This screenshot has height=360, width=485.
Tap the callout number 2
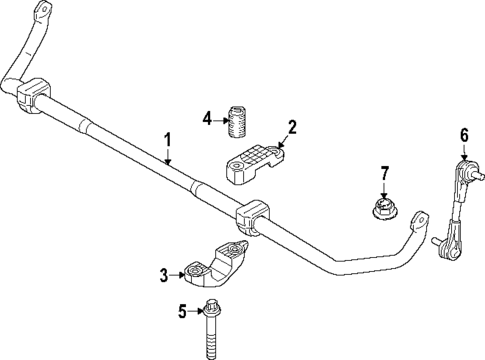[x=292, y=127]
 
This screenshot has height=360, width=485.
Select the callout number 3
[x=164, y=272]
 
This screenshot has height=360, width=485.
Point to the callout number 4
[x=206, y=119]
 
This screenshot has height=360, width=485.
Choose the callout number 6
[x=464, y=134]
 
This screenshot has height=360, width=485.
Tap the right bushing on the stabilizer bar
[x=252, y=221]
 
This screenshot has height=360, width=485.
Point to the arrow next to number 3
[x=178, y=272]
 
